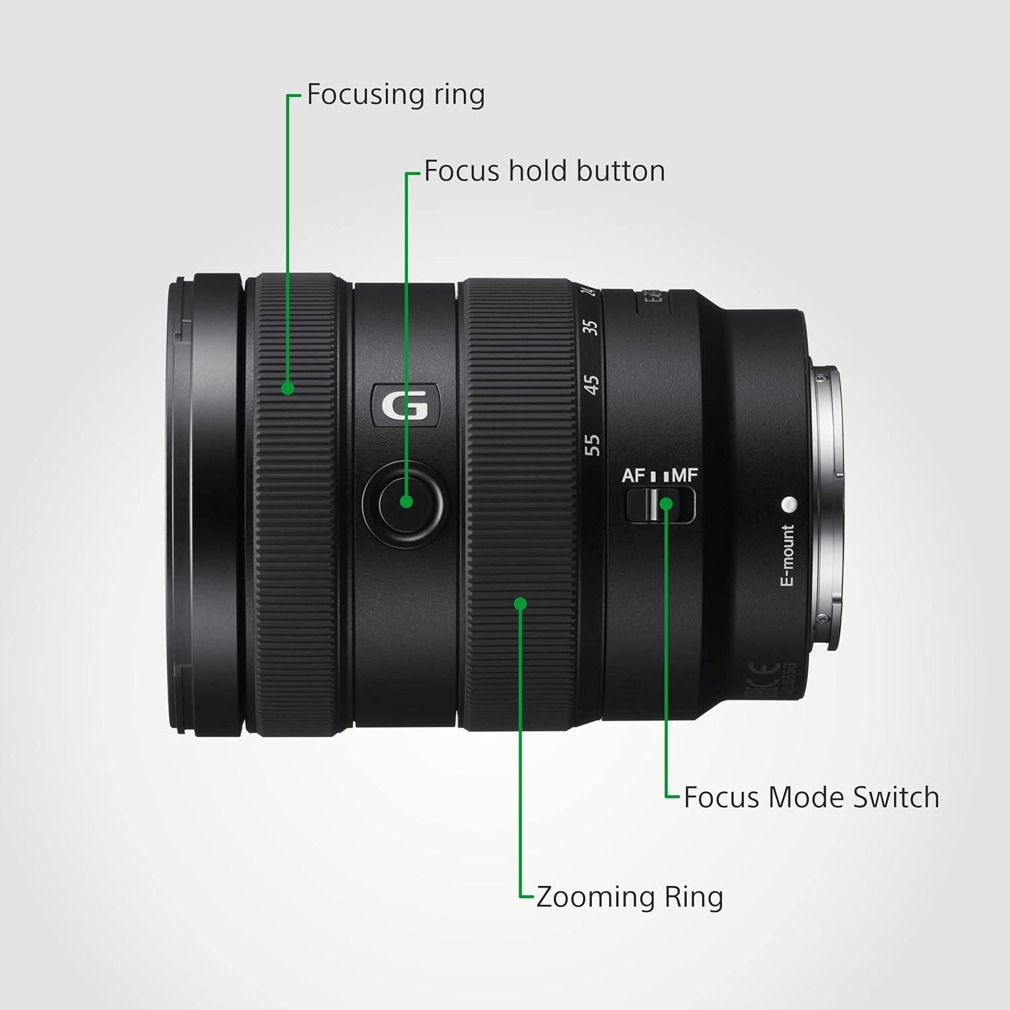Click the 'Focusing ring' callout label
(395, 94)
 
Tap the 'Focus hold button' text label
(544, 171)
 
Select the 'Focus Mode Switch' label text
(811, 797)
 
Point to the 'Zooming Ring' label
(629, 897)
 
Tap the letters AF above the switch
(634, 475)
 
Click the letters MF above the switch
(685, 475)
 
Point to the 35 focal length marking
(591, 327)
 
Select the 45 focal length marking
(591, 384)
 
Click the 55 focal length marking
(592, 444)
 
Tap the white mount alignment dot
(789, 503)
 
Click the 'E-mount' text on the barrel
(787, 556)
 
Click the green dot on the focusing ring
(288, 388)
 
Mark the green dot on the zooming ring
(520, 603)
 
